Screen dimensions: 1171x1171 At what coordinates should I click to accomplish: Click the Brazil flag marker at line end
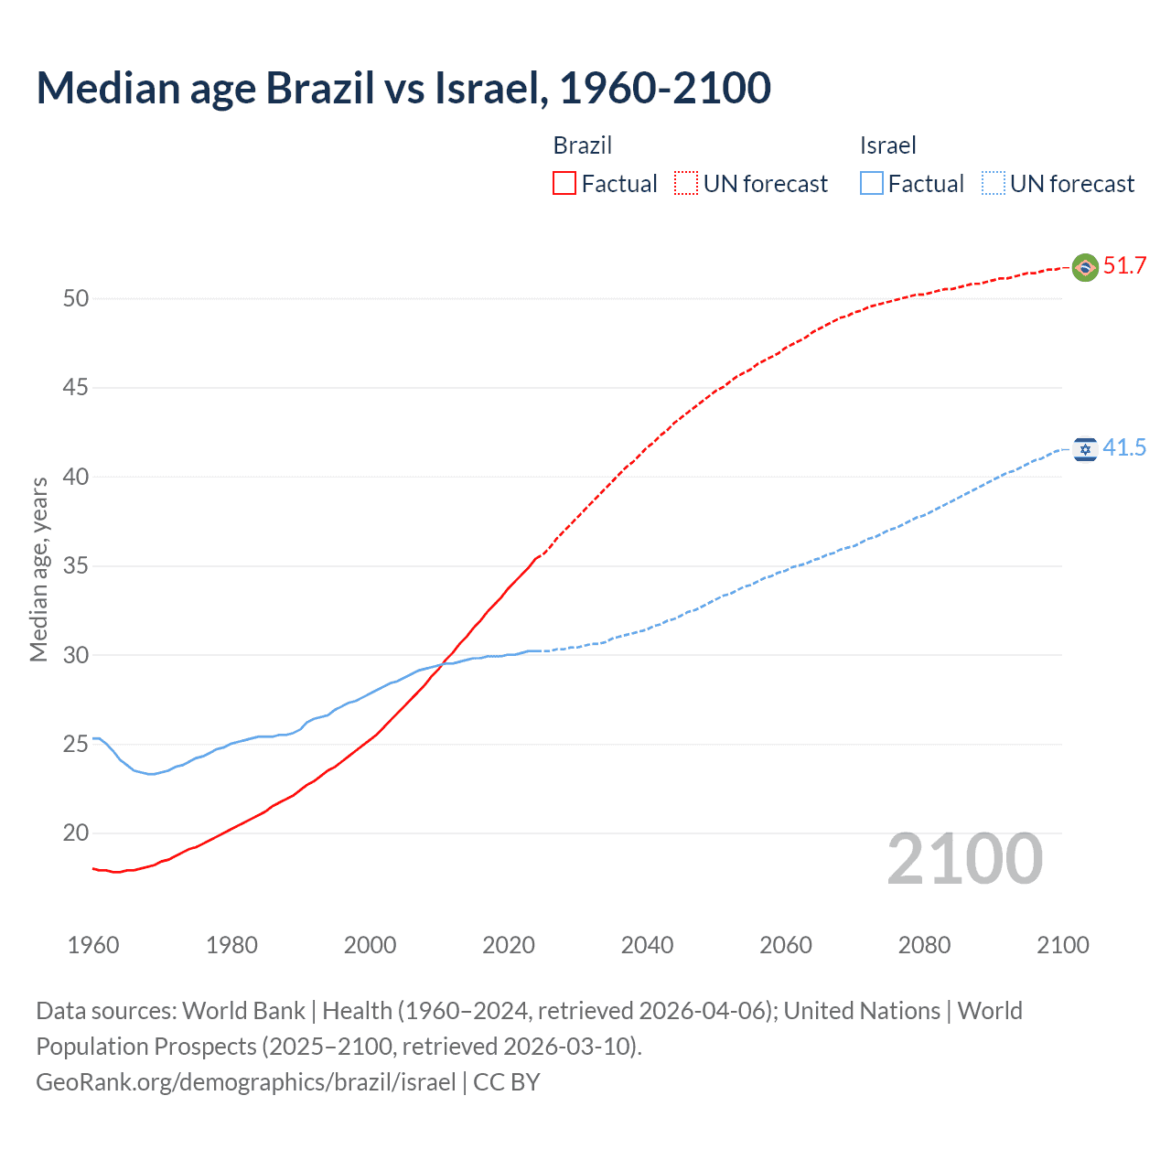coord(1085,267)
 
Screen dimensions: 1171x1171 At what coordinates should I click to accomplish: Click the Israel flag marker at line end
coord(1085,449)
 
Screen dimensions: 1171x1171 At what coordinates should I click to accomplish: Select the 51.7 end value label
coord(1124,266)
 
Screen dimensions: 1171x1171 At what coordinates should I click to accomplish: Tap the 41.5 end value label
coord(1124,448)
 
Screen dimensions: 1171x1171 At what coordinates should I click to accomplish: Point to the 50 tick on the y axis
coord(76,299)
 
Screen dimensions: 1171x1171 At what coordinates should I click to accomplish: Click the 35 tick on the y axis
coord(76,566)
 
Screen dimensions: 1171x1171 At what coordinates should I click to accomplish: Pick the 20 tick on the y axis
coord(76,833)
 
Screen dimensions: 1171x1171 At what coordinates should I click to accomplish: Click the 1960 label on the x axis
coord(93,945)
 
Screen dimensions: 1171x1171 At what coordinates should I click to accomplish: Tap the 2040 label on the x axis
coord(647,945)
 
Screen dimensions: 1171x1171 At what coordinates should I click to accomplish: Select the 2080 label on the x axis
coord(924,945)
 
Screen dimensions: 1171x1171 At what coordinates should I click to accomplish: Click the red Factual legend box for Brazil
coord(564,184)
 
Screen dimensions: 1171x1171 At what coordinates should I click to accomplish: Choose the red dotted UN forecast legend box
coord(686,184)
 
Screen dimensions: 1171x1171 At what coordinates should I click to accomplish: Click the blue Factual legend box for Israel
coord(872,184)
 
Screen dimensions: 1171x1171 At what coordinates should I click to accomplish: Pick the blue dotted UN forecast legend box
coord(994,184)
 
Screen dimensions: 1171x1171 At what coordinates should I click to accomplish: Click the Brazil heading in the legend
coord(583,145)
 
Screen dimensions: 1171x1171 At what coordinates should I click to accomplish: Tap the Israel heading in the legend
coord(887,145)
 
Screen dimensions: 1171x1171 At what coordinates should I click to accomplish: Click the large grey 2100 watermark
coord(964,859)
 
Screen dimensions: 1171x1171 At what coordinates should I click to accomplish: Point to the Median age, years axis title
coord(38,569)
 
